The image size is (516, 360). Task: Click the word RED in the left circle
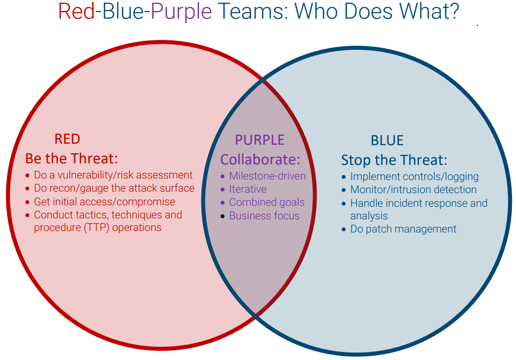click(67, 139)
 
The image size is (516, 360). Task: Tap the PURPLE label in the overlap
click(260, 140)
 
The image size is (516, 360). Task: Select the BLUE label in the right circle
click(387, 141)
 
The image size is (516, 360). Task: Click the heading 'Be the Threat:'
click(72, 158)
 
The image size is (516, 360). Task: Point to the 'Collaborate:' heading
click(260, 159)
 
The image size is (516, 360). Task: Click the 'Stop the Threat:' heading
click(394, 160)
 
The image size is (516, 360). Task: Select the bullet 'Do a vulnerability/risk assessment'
click(113, 175)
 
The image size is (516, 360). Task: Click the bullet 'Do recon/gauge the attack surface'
click(114, 188)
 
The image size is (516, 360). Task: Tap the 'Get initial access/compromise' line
click(104, 202)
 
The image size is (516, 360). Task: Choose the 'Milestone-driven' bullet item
click(267, 176)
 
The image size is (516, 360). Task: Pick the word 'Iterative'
click(247, 189)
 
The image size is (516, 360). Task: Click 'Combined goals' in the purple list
click(267, 202)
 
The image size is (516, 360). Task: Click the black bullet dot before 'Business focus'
click(223, 216)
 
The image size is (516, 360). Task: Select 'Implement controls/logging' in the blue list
click(414, 176)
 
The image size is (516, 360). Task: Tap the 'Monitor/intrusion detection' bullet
click(413, 190)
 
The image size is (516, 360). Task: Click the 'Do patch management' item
click(403, 229)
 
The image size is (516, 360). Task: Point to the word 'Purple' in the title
click(181, 12)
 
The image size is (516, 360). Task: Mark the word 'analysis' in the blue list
click(369, 216)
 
